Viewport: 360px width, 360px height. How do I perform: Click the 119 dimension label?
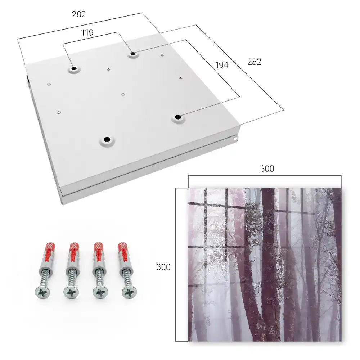(x=87, y=33)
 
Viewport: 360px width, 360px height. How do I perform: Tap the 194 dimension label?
(x=222, y=65)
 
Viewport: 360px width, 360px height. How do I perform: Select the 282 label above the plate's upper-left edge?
(x=79, y=14)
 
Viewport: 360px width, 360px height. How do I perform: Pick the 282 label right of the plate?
(x=254, y=62)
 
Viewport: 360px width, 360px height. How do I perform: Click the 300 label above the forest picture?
(x=267, y=169)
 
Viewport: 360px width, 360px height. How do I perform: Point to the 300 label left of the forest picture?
(x=163, y=267)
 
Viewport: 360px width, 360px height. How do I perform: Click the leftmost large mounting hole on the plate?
(x=74, y=69)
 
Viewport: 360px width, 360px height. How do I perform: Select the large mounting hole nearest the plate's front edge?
(x=107, y=139)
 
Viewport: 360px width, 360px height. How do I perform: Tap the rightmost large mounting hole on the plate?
(x=178, y=117)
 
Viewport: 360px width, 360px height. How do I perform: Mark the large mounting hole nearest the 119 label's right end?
(x=133, y=54)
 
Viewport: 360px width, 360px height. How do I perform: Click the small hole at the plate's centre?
(x=123, y=94)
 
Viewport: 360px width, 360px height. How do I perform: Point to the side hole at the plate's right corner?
(x=236, y=139)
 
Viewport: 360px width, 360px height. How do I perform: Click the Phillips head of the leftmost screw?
(x=43, y=292)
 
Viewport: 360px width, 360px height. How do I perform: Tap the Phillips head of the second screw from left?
(x=71, y=292)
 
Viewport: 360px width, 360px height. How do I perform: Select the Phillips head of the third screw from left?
(x=100, y=292)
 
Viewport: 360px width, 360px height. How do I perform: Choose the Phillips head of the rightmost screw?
(x=129, y=292)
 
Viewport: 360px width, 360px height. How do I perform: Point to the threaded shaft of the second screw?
(x=72, y=278)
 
